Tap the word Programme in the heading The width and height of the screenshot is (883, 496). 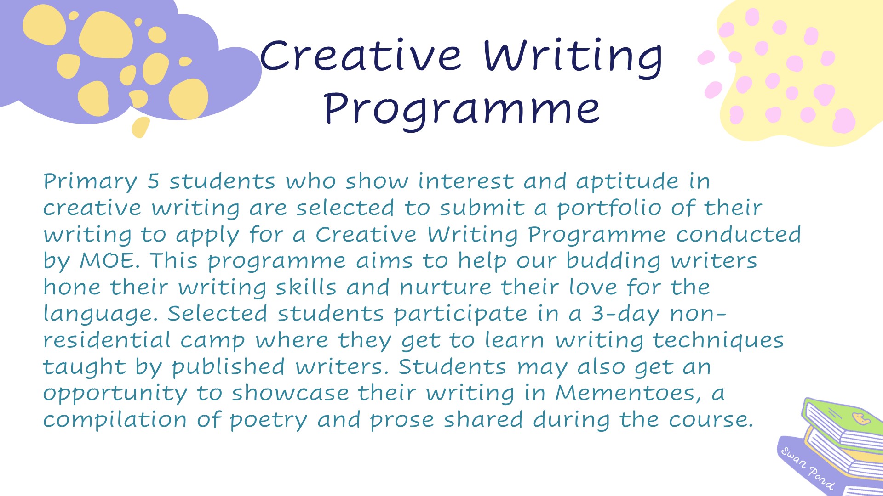pyautogui.click(x=462, y=109)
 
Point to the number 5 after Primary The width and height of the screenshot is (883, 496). pyautogui.click(x=153, y=181)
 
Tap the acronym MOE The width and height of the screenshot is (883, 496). pyautogui.click(x=109, y=260)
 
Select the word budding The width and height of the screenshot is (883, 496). pyautogui.click(x=614, y=261)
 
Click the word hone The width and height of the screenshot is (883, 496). pyautogui.click(x=72, y=287)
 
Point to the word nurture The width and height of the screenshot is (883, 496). pyautogui.click(x=445, y=288)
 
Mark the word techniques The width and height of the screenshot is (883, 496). pyautogui.click(x=718, y=341)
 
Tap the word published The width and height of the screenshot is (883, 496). pyautogui.click(x=229, y=367)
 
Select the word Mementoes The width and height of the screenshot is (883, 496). pyautogui.click(x=628, y=394)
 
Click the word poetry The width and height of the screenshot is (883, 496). pyautogui.click(x=268, y=421)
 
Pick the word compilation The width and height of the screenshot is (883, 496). pyautogui.click(x=115, y=420)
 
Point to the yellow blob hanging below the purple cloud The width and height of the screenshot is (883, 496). pyautogui.click(x=140, y=127)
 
